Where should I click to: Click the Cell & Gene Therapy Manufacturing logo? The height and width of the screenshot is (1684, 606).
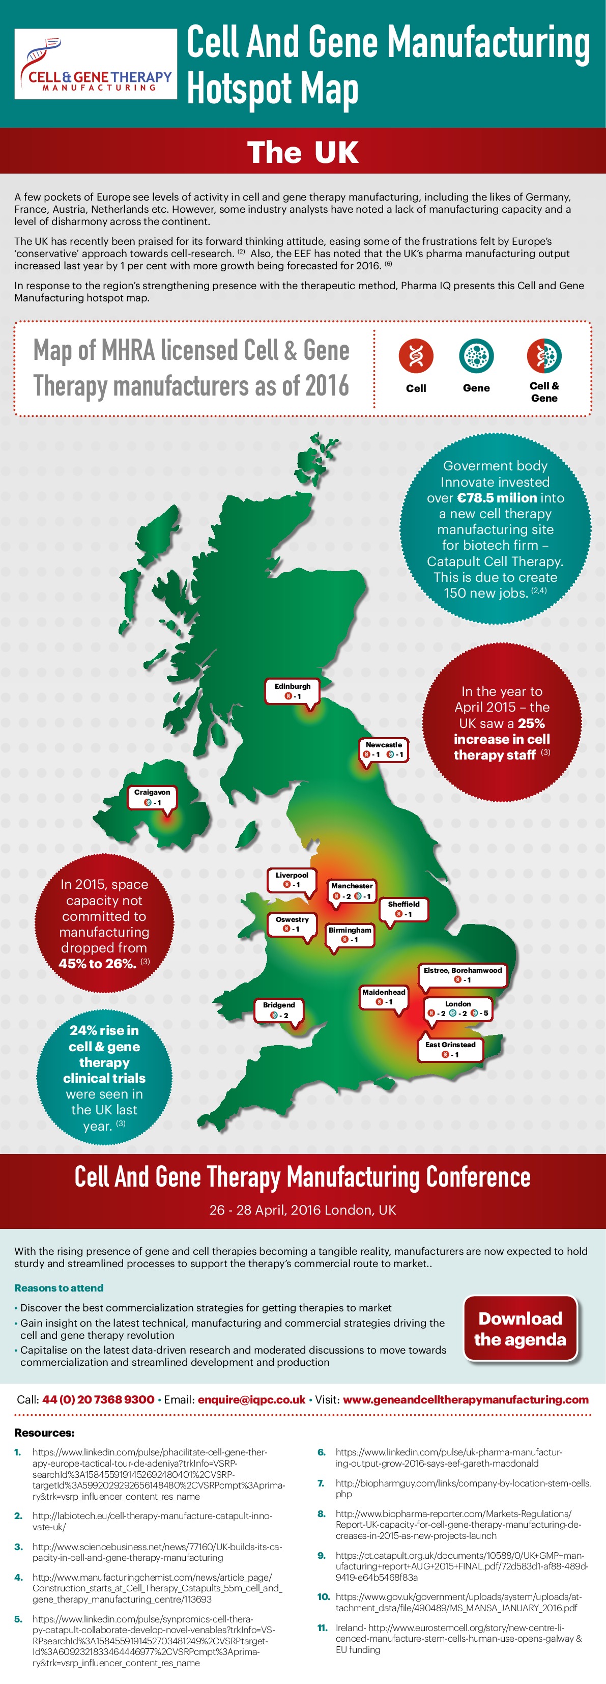pos(96,64)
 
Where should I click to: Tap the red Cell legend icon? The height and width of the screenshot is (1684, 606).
pos(416,356)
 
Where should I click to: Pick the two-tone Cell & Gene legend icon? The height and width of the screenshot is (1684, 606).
pos(544,356)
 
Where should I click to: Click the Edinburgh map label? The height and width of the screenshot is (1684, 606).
pos(292,691)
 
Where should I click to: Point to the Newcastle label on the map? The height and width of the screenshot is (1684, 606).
pos(384,750)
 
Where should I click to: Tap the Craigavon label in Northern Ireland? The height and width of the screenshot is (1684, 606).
pos(152,797)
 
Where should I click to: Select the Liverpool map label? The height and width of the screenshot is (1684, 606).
pos(292,879)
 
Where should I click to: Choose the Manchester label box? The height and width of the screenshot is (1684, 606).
pos(352,890)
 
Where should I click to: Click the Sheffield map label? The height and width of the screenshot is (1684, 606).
pos(403,909)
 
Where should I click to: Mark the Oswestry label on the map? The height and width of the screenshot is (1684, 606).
pos(292,924)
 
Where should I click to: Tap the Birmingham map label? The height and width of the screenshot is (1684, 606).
pos(350,934)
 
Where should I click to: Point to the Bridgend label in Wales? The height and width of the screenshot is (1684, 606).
pos(279,1009)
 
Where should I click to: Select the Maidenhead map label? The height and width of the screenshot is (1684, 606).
pos(384,996)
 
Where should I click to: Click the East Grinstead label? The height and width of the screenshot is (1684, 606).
pos(450,1049)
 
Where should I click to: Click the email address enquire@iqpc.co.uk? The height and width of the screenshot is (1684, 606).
pos(252,1399)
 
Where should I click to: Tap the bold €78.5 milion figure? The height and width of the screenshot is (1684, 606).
pos(497,497)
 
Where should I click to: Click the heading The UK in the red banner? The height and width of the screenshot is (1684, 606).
pos(303,152)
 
